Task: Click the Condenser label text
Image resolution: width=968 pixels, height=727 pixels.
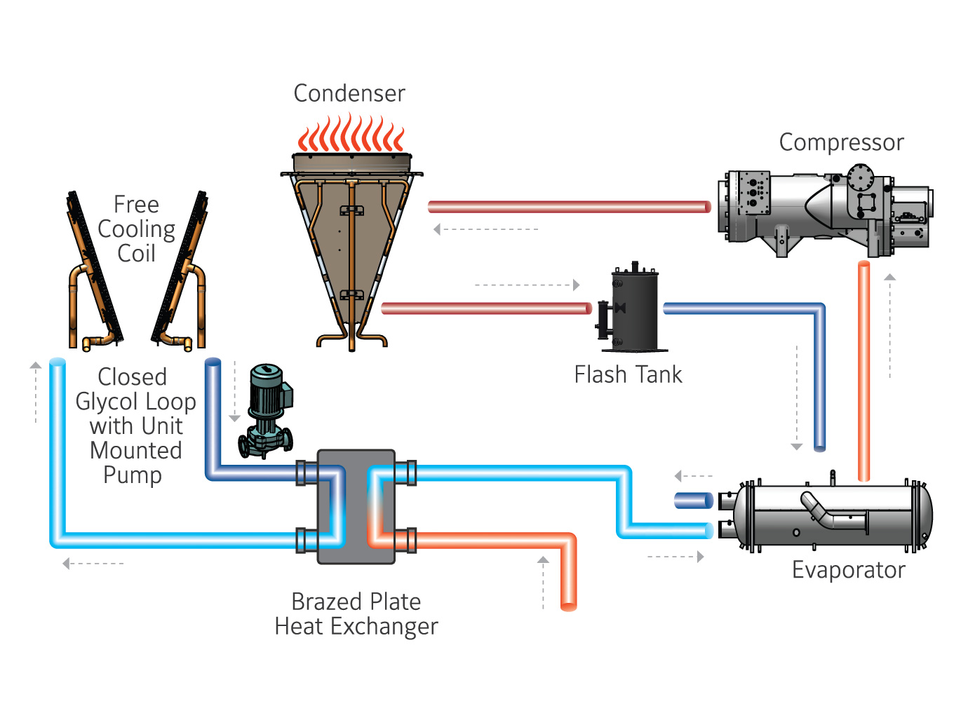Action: click(x=349, y=93)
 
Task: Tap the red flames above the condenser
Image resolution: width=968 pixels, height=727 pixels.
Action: click(x=351, y=135)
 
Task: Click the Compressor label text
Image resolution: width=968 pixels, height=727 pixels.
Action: click(x=841, y=142)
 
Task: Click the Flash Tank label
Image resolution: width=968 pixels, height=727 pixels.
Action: click(x=628, y=374)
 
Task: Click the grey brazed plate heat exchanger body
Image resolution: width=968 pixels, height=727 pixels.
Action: click(x=356, y=506)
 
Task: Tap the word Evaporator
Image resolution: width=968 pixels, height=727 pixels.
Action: click(x=848, y=569)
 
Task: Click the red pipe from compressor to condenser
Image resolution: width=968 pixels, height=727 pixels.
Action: click(x=568, y=206)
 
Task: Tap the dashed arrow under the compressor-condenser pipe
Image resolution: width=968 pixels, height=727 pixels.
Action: click(x=485, y=229)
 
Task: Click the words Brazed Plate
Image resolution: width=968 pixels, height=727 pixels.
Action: click(x=356, y=602)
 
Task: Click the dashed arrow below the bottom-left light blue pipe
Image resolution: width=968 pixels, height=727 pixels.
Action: click(x=93, y=564)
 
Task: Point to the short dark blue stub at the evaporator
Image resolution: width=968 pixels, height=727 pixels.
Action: click(x=693, y=501)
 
